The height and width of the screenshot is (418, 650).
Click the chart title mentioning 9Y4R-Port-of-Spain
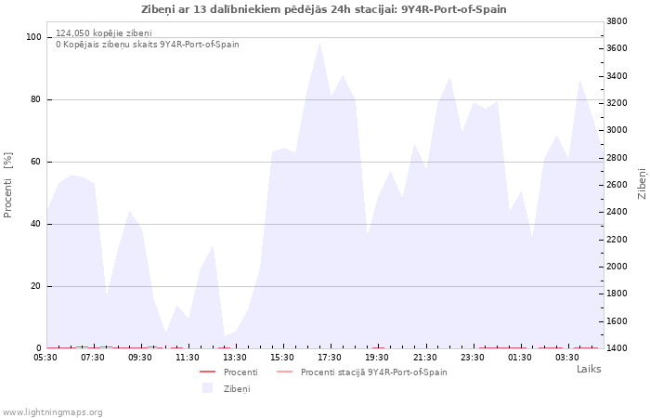coord(324,9)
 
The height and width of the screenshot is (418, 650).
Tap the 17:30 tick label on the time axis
coord(330,358)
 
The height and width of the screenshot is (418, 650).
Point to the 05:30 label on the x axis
coord(45,358)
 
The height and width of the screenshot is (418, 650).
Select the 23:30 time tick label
coord(472,358)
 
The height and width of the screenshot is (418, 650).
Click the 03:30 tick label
coord(567,358)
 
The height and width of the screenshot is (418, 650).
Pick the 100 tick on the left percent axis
coord(33,37)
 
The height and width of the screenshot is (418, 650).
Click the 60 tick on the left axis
coord(35,162)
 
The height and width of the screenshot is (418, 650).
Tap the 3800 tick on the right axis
coord(617,21)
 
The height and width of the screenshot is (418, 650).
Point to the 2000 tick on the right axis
coord(617,267)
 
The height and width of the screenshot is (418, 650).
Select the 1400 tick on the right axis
coord(617,348)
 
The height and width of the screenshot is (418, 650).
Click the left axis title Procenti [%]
coord(7,185)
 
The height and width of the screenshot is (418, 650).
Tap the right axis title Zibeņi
coord(642,183)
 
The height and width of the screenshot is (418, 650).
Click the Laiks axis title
coord(589,369)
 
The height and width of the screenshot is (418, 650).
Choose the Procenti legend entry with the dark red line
coord(228,372)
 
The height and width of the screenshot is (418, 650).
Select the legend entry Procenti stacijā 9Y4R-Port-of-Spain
coord(361,372)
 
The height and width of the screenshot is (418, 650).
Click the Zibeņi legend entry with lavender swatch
coord(227,388)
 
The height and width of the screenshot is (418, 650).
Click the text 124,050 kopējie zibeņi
coord(104,33)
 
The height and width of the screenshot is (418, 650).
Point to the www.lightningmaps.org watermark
coord(51,412)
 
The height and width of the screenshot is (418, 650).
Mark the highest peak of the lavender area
coord(319,43)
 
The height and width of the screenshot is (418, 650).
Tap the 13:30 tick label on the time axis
coord(235,358)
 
